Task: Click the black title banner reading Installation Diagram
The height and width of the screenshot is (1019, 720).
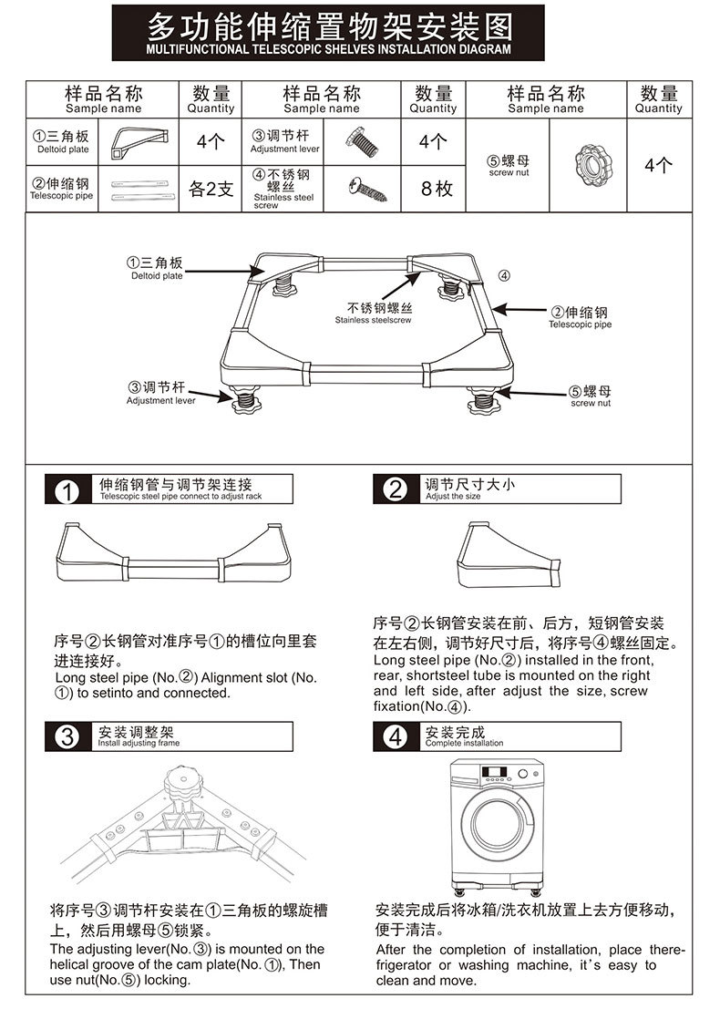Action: click(x=329, y=33)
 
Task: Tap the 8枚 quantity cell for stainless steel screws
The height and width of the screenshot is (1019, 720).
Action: click(x=433, y=190)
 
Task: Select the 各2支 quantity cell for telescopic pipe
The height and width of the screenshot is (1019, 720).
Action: click(x=211, y=190)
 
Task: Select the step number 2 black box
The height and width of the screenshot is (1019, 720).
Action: click(x=395, y=490)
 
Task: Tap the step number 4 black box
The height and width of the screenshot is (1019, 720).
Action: click(x=395, y=736)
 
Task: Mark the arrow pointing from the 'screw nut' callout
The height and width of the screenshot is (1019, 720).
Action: click(x=538, y=394)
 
